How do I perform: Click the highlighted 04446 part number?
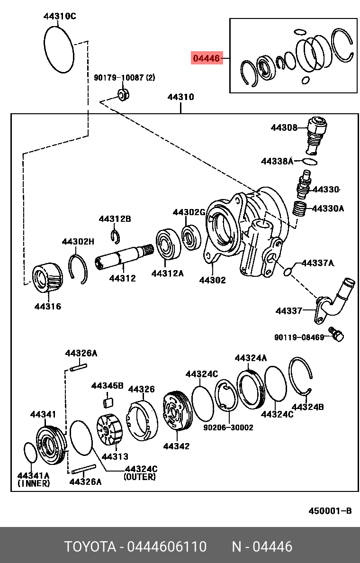tap(207, 58)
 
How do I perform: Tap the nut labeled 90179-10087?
tap(124, 94)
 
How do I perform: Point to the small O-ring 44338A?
tap(309, 162)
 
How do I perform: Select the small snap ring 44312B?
tap(115, 235)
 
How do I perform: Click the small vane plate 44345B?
tap(108, 403)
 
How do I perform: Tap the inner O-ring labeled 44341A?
tap(30, 453)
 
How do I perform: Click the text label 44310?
tap(180, 97)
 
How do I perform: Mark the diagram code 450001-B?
tap(330, 510)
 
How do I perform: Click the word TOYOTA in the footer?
tap(90, 547)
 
